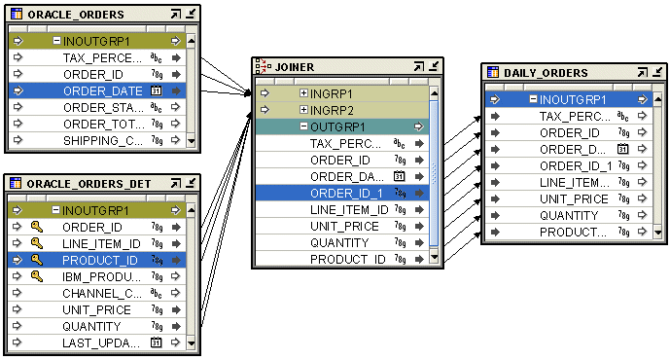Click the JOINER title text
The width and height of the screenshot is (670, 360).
[294, 66]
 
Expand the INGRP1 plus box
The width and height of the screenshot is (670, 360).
[304, 93]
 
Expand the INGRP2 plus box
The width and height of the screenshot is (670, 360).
[304, 110]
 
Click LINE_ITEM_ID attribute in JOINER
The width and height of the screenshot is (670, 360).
[349, 210]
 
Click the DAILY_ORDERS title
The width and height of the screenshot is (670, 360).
[546, 73]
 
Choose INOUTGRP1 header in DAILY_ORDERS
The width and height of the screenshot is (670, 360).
[573, 99]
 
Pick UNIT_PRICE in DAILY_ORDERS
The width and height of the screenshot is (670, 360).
[574, 199]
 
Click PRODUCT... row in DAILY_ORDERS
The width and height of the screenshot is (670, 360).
[573, 233]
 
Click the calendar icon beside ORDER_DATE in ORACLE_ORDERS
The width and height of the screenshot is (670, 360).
[156, 90]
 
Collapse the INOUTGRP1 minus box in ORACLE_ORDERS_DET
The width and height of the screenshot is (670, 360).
[56, 210]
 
